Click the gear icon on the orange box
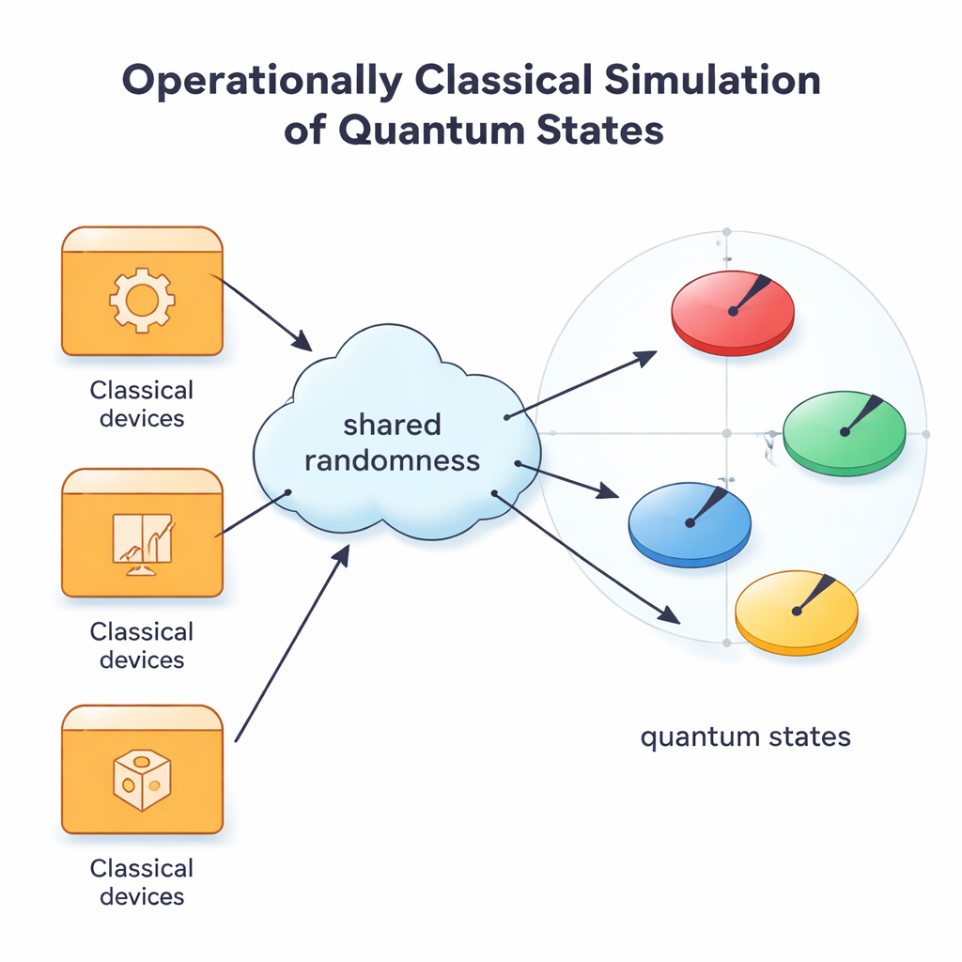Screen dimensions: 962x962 click(x=142, y=301)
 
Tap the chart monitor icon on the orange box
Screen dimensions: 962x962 click(x=142, y=543)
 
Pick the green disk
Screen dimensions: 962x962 click(x=844, y=432)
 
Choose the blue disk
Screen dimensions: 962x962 click(x=689, y=523)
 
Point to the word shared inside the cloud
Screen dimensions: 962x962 click(x=392, y=425)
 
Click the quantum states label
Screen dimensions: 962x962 click(x=745, y=736)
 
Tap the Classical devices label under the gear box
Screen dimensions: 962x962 click(x=142, y=404)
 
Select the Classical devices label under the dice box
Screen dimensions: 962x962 click(x=142, y=881)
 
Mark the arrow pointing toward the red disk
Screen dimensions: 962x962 click(x=582, y=384)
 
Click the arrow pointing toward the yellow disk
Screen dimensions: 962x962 click(x=587, y=559)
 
